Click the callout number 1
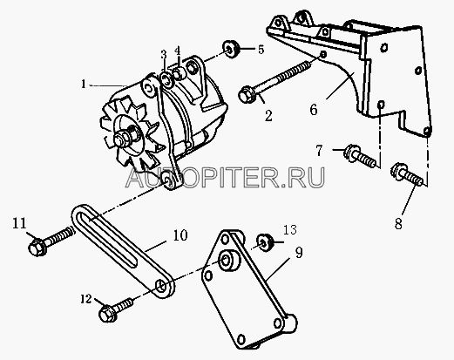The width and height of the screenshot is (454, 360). tap(84, 85)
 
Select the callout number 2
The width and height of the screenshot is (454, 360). tap(268, 116)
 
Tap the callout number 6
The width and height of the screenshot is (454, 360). tap(314, 110)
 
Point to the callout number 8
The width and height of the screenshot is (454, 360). tap(398, 223)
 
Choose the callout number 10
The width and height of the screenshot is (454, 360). tap(180, 235)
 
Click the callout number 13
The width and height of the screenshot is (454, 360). tap(290, 229)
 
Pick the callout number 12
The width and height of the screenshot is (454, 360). tap(86, 299)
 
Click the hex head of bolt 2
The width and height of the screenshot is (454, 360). tap(247, 94)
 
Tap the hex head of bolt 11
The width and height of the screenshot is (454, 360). tap(37, 248)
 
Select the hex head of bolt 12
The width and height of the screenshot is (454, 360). tap(107, 314)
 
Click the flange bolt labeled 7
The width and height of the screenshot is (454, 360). tap(360, 156)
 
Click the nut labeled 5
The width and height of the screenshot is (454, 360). tap(231, 50)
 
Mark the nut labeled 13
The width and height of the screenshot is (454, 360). tap(264, 242)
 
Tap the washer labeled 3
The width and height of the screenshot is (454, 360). tap(166, 79)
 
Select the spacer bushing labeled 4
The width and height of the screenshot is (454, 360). tap(180, 73)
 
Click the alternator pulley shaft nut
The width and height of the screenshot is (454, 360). tap(124, 139)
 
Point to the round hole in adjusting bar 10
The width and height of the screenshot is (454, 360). tap(161, 285)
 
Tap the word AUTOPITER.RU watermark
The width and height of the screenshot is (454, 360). tap(226, 177)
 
